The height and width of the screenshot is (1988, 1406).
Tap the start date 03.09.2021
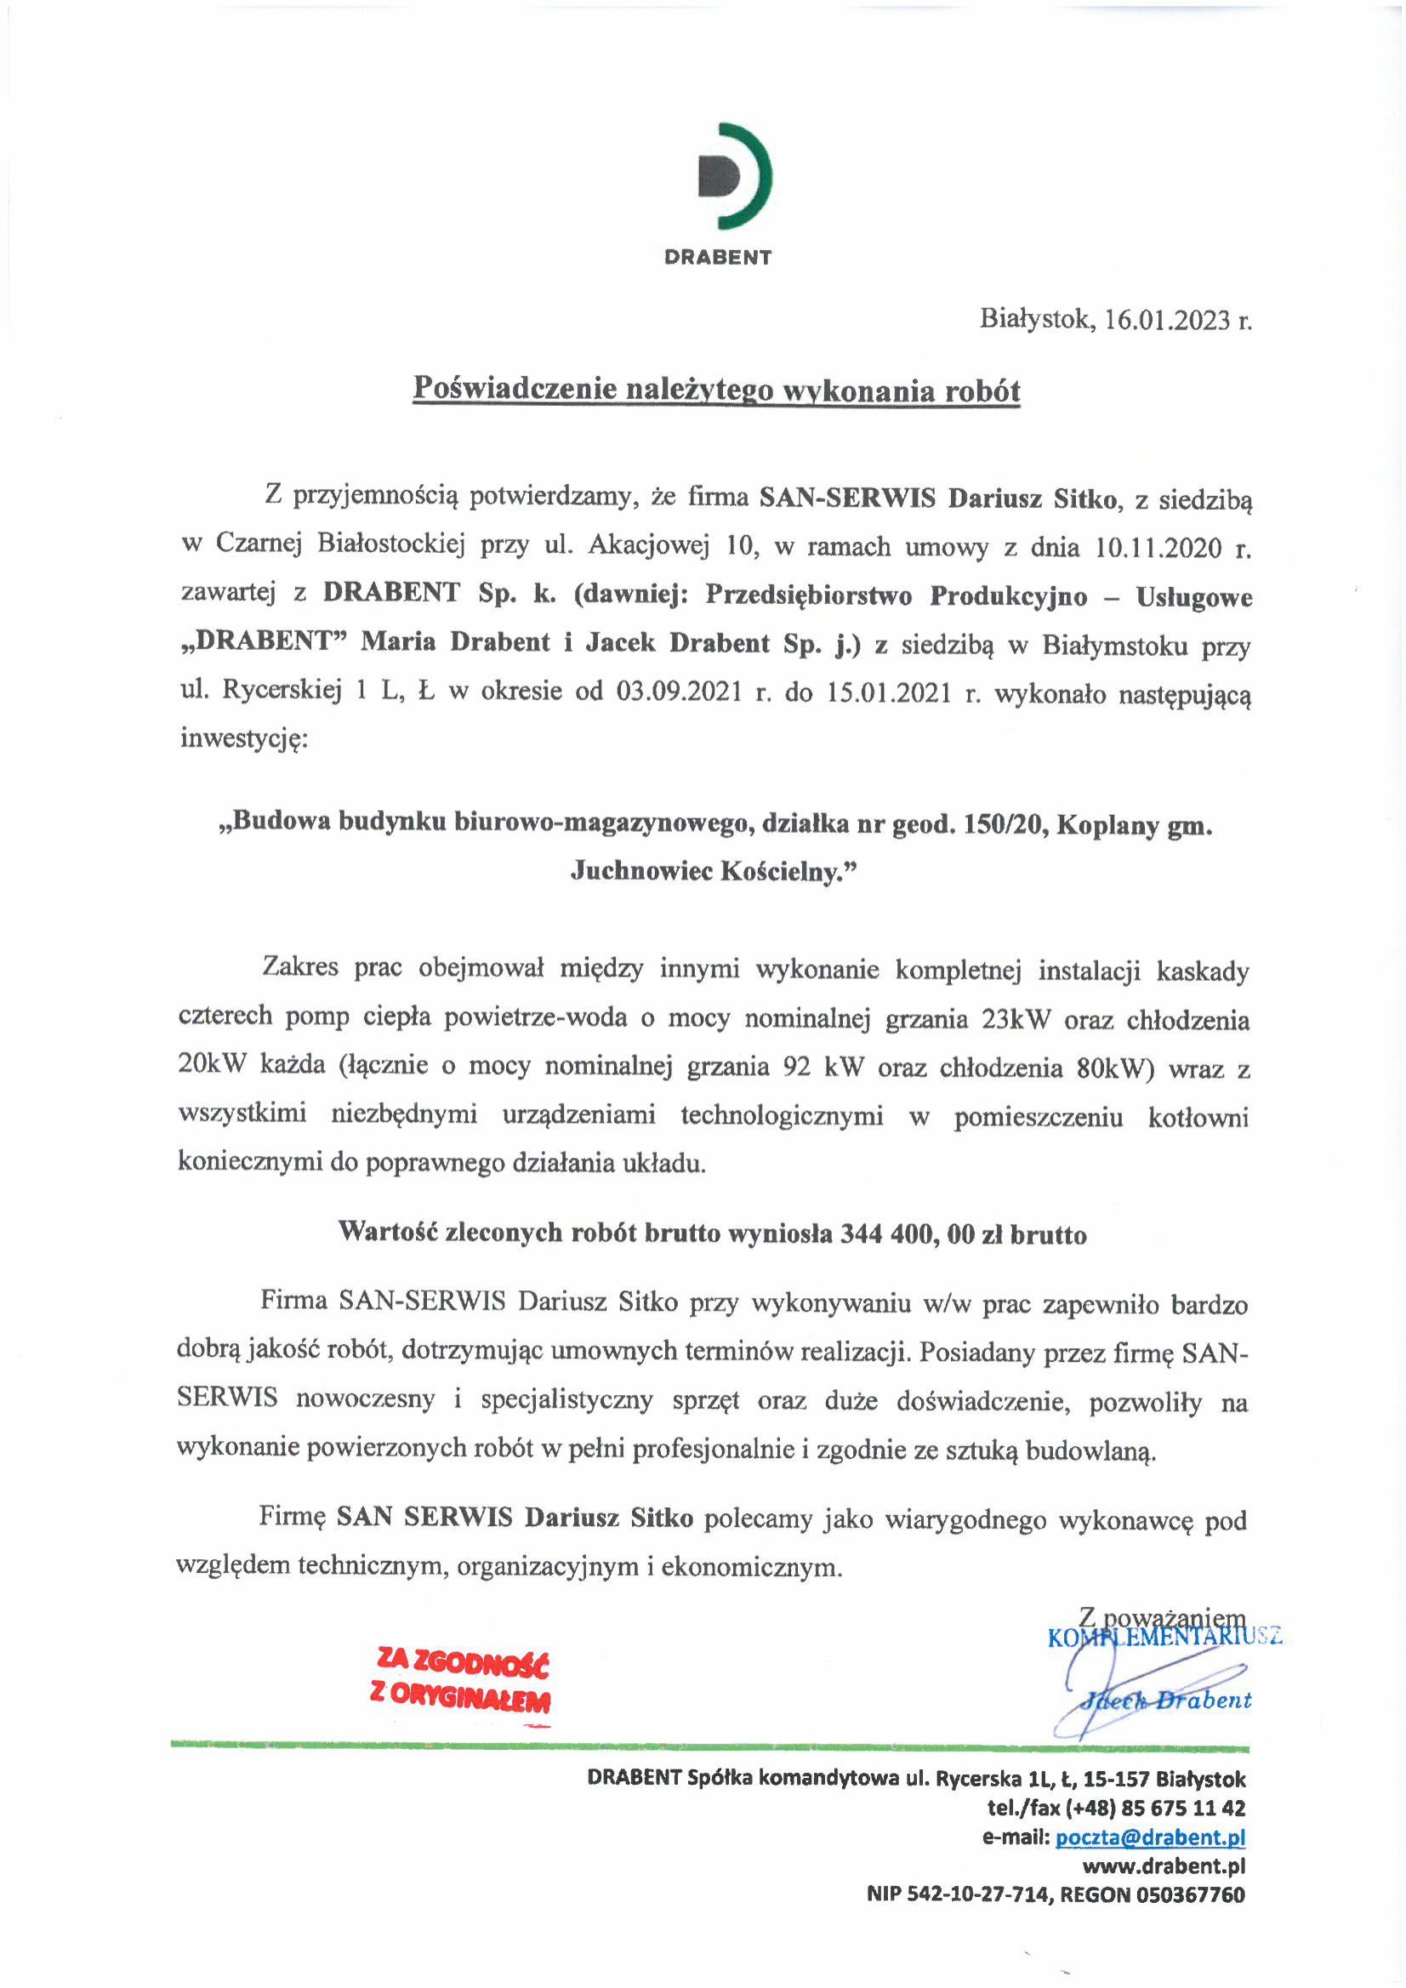[679, 692]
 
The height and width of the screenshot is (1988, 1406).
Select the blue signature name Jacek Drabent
[1165, 1700]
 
